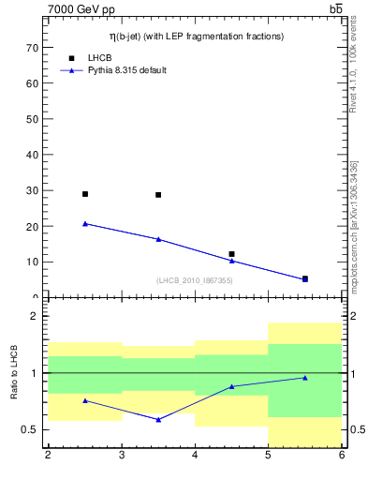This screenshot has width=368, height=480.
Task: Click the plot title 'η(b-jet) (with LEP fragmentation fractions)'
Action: pyautogui.click(x=195, y=36)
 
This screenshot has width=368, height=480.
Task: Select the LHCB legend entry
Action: pyautogui.click(x=98, y=57)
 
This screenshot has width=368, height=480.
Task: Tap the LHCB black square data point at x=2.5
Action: pyautogui.click(x=85, y=194)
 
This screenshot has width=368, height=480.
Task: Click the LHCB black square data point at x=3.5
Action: pyautogui.click(x=158, y=195)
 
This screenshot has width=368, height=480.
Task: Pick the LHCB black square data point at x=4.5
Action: pyautogui.click(x=231, y=254)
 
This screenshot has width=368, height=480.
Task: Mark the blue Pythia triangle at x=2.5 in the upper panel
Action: pyautogui.click(x=85, y=224)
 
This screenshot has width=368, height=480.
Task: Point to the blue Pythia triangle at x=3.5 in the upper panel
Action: pyautogui.click(x=158, y=239)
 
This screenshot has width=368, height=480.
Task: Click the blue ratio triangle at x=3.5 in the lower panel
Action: pyautogui.click(x=158, y=419)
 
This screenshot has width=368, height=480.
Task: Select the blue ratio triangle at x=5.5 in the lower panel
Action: pyautogui.click(x=304, y=378)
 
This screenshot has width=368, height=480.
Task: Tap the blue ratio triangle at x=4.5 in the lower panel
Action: pyautogui.click(x=231, y=386)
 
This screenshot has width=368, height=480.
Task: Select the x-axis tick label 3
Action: pyautogui.click(x=122, y=456)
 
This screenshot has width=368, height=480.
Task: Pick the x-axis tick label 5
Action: pyautogui.click(x=268, y=456)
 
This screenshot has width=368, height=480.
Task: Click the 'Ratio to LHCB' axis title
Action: pyautogui.click(x=13, y=373)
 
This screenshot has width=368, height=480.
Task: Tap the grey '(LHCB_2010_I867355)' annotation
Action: pyautogui.click(x=195, y=280)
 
